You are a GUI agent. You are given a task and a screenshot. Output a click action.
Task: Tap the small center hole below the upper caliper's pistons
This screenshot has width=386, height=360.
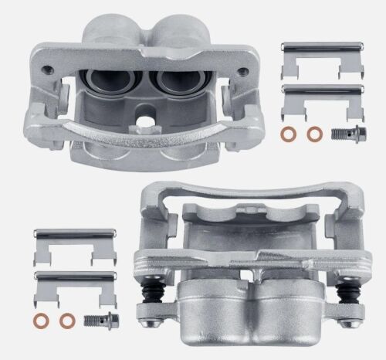[144, 121]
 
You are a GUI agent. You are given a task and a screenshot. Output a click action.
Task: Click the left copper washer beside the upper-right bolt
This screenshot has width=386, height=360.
[287, 134]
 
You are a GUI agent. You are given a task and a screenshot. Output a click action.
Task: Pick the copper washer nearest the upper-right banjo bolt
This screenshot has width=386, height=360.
[313, 134]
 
